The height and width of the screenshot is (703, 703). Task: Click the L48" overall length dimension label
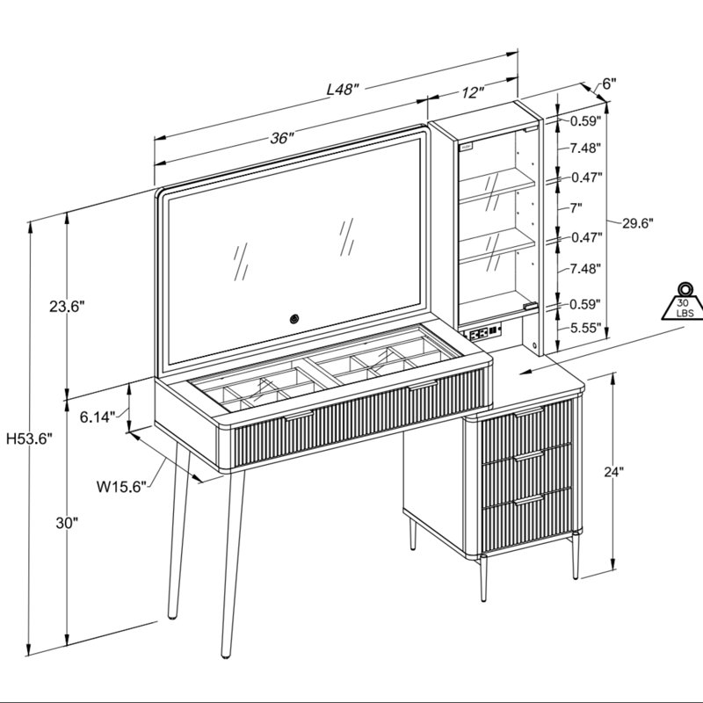pos(343,90)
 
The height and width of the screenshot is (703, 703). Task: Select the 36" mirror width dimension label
pos(282,138)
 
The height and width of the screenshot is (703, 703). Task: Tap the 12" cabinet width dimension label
pos(473,92)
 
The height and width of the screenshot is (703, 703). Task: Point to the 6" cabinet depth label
pos(609,83)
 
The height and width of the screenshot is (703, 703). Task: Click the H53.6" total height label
pos(30,438)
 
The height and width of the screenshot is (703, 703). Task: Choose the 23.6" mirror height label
pos(67,307)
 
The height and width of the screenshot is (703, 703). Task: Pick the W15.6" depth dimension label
pos(121,487)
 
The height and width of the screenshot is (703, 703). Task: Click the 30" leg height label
pos(68,523)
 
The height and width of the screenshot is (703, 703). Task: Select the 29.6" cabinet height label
pos(638,223)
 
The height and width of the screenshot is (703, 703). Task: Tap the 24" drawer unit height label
pos(612,472)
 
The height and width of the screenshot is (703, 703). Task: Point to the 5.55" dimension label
pos(585,328)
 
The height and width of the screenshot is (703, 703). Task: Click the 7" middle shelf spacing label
pos(576,207)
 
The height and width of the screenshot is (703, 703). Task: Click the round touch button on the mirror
pos(294,319)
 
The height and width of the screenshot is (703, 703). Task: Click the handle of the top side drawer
pos(529,411)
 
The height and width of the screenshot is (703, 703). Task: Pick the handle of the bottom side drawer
pos(529,500)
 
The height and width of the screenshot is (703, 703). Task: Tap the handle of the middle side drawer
pos(529,457)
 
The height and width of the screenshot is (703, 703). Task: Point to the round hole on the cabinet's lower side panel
pos(536,344)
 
